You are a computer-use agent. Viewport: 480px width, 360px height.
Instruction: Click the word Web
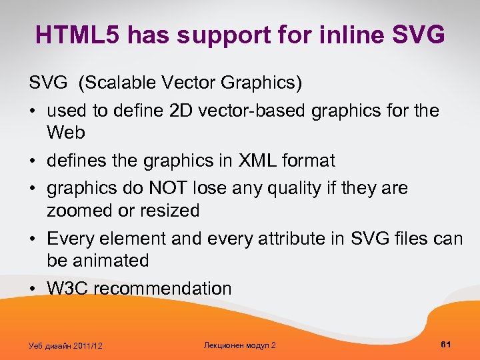(66, 133)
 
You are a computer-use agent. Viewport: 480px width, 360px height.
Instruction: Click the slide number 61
(446, 344)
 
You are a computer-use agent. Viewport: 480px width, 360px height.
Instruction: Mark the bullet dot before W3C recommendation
(33, 289)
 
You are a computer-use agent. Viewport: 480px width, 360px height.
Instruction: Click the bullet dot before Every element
(33, 239)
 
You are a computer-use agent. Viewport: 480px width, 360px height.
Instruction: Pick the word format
(312, 161)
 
